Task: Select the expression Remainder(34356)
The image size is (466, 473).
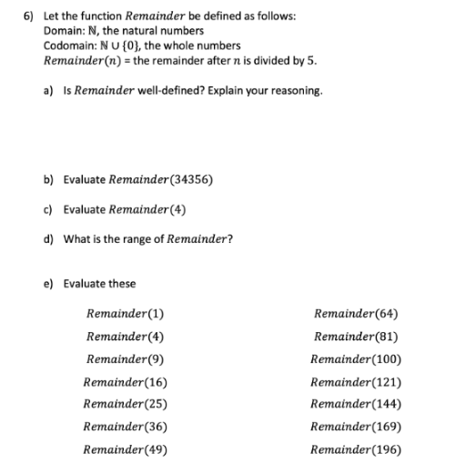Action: (159, 179)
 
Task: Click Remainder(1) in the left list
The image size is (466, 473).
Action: (125, 316)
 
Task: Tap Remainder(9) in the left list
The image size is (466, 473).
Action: (125, 359)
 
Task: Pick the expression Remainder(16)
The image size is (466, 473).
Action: (125, 382)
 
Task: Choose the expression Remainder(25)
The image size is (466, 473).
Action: (125, 404)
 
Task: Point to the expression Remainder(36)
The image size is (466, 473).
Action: (125, 427)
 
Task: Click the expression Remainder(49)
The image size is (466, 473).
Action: (125, 448)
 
